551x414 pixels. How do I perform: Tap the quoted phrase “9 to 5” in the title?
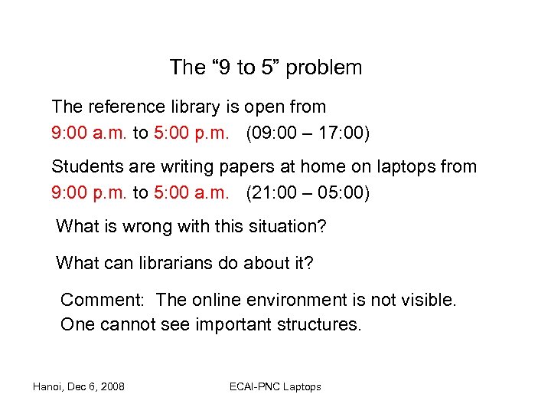pyautogui.click(x=246, y=67)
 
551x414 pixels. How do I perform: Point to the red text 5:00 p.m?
pyautogui.click(x=191, y=133)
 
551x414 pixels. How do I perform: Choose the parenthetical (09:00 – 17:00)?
pyautogui.click(x=308, y=133)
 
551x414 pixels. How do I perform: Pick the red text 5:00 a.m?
pyautogui.click(x=191, y=192)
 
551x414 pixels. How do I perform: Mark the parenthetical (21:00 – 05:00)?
pyautogui.click(x=308, y=192)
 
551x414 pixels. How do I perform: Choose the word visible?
pyautogui.click(x=429, y=300)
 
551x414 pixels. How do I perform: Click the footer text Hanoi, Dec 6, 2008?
pyautogui.click(x=78, y=386)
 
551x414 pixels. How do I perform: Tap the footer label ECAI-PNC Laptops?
pyautogui.click(x=275, y=386)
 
